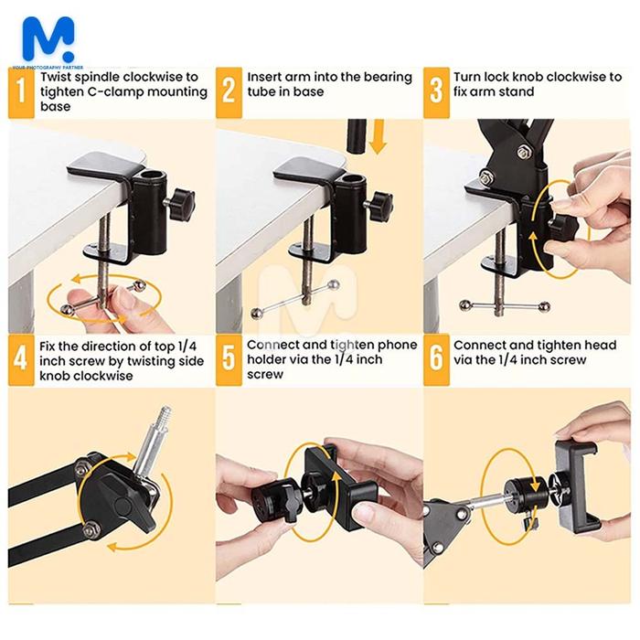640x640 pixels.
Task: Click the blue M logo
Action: (x=48, y=39)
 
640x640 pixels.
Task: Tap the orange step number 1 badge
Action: (x=21, y=92)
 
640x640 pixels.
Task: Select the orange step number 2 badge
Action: (x=229, y=92)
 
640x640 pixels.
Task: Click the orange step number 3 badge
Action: (x=436, y=92)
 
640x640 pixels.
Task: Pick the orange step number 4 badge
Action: (x=21, y=360)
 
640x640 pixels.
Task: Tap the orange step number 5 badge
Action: (x=229, y=360)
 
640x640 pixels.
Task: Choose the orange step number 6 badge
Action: (x=436, y=360)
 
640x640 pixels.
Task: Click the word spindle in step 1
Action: (x=97, y=78)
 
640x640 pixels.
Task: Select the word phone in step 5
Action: (x=397, y=346)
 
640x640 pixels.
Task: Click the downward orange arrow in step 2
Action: (x=379, y=136)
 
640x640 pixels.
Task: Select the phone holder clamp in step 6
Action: (x=578, y=486)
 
